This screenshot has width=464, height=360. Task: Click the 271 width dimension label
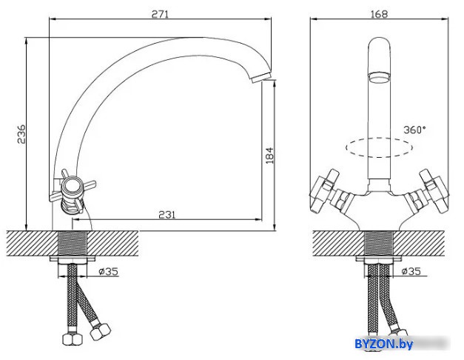(x=160, y=14)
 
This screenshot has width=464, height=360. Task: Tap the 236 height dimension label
(x=21, y=134)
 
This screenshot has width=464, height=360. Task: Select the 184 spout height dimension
(x=269, y=156)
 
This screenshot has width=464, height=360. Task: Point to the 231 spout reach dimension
(x=167, y=214)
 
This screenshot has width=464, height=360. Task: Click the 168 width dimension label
(x=379, y=14)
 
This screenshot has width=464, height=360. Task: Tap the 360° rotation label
(x=415, y=130)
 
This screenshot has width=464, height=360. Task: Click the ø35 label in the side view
(x=108, y=271)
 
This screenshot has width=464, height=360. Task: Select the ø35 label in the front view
(x=411, y=271)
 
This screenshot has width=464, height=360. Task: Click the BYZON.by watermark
(x=384, y=344)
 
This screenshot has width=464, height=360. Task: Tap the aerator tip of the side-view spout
(x=260, y=77)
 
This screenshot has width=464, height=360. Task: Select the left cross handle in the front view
(x=325, y=191)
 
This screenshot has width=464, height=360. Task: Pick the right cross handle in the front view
(x=433, y=191)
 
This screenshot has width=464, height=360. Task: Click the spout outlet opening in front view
(x=379, y=78)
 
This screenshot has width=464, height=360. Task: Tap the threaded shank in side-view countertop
(x=72, y=243)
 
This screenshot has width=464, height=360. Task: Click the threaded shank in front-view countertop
(x=379, y=243)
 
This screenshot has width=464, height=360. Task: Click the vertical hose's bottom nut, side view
(x=73, y=339)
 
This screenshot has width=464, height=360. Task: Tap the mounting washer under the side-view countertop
(x=73, y=259)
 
